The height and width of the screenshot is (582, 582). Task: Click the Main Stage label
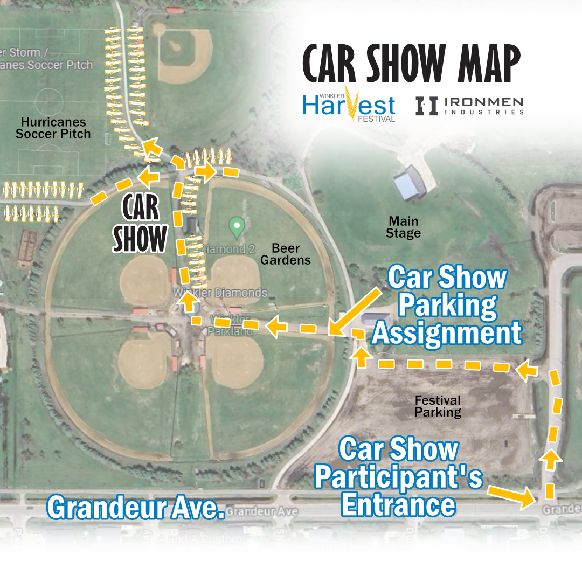[404, 227]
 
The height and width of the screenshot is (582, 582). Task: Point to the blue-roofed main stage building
[410, 185]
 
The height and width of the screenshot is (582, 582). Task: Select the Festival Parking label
[438, 406]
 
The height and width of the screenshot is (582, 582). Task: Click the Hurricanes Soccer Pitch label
[53, 127]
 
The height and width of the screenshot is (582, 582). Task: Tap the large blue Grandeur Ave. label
[135, 507]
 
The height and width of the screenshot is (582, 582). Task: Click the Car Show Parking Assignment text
[447, 306]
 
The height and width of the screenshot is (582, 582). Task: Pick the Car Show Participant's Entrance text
[399, 477]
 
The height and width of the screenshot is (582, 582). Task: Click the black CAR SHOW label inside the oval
[140, 223]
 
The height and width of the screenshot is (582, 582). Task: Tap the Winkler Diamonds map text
[220, 293]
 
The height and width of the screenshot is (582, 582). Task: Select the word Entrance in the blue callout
[399, 505]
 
